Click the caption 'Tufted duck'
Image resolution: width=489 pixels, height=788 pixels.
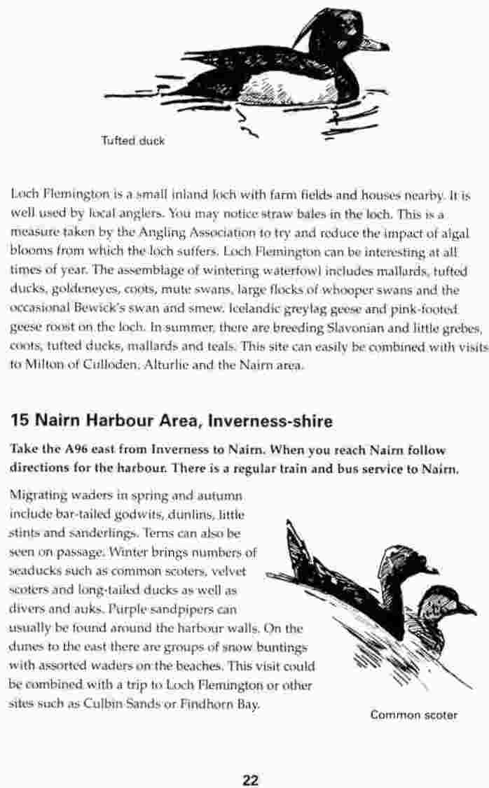tap(132, 141)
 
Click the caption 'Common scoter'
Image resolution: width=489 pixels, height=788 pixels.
tap(413, 715)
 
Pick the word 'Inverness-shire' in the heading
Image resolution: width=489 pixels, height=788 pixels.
tap(269, 421)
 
